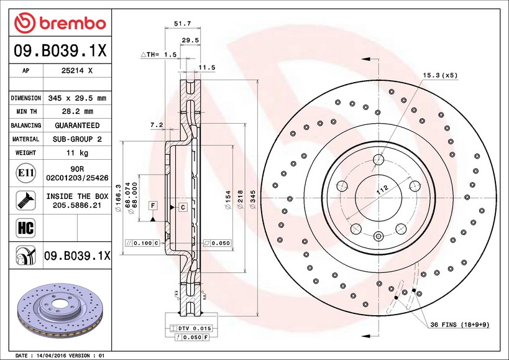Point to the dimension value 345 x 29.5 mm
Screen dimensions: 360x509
pos(77,98)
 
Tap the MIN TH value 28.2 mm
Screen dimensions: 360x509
pos(77,112)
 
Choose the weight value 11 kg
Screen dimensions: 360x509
pos(77,153)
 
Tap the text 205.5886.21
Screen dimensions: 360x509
pos(77,205)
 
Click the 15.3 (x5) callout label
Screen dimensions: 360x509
pos(440,75)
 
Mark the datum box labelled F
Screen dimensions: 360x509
pos(152,205)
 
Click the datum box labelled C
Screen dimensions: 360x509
pos(183,206)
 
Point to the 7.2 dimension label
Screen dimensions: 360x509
pos(157,125)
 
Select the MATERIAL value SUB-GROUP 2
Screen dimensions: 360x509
pos(77,139)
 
